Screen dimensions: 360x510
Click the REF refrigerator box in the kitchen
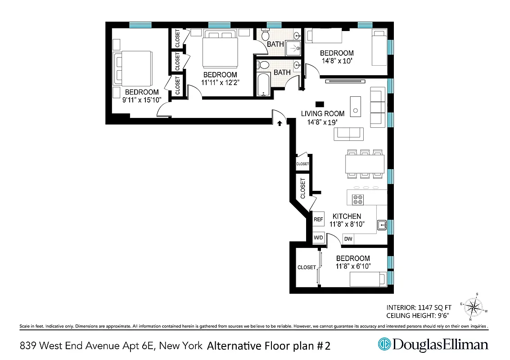point(319,220)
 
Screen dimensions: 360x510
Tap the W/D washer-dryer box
point(319,237)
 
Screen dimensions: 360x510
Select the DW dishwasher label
point(348,239)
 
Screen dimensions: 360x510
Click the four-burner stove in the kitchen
point(358,199)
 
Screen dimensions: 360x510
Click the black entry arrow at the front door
point(280,122)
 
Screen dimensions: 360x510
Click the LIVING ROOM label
point(322,114)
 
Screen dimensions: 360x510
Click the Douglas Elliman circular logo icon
point(384,345)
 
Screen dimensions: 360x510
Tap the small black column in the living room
point(320,103)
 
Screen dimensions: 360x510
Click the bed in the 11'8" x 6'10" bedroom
point(368,279)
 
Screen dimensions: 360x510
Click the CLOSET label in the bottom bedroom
point(307,267)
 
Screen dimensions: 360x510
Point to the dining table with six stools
point(365,163)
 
